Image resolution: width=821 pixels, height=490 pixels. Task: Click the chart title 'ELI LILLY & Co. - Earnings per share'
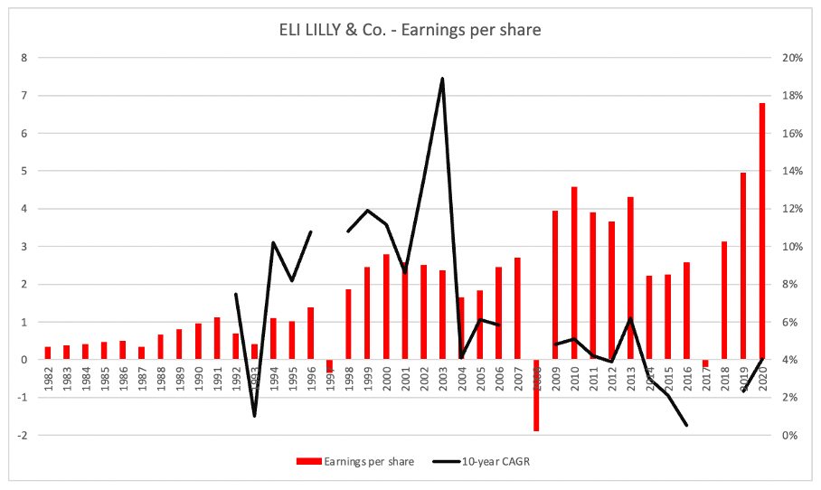tap(410, 29)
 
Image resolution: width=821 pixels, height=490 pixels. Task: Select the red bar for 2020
tap(762, 231)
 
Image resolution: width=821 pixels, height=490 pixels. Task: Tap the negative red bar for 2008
tap(536, 395)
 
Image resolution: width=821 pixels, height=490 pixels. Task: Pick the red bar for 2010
tap(574, 272)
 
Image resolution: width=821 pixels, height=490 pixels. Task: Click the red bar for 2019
tap(743, 266)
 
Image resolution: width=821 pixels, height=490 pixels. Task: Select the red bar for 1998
tap(348, 324)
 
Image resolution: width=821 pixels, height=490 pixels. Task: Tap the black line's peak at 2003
tap(442, 79)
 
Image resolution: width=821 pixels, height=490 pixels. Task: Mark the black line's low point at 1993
tap(254, 415)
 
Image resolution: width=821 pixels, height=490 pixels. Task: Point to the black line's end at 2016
tap(687, 425)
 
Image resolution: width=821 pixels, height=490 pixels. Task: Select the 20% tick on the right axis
tap(793, 58)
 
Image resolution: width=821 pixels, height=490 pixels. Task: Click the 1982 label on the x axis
tap(48, 378)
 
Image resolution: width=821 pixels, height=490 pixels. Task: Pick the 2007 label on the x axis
tap(517, 378)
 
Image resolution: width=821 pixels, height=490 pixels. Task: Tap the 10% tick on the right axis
tap(793, 247)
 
